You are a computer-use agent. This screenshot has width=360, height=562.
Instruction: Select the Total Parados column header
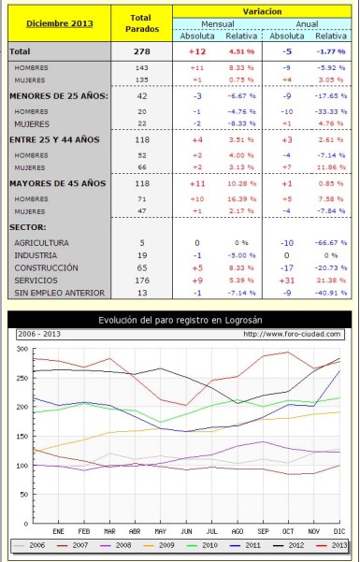pyautogui.click(x=141, y=22)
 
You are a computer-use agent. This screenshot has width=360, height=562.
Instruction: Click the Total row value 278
pyautogui.click(x=142, y=52)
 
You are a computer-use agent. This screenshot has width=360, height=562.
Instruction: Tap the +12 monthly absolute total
pyautogui.click(x=197, y=52)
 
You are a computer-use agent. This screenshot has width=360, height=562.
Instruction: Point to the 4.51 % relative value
pyautogui.click(x=242, y=52)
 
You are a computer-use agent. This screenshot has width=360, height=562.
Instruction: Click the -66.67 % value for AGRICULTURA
pyautogui.click(x=329, y=241)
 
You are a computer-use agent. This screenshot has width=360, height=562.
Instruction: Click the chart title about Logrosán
pyautogui.click(x=180, y=321)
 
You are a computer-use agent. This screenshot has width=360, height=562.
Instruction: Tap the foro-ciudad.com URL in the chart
pyautogui.click(x=291, y=334)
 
